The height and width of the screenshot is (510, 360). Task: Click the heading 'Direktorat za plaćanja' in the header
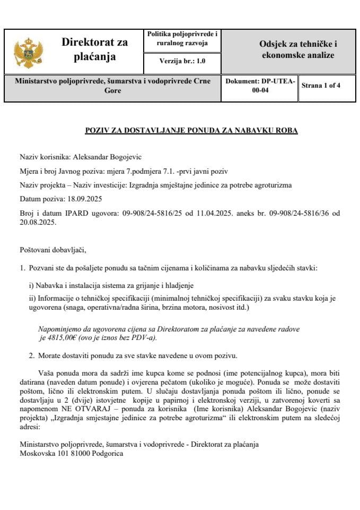(x=95, y=49)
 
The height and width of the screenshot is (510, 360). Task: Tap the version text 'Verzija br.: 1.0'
(x=182, y=62)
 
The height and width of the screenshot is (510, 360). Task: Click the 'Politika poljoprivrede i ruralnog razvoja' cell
(x=182, y=38)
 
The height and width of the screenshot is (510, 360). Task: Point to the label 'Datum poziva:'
(x=39, y=199)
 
